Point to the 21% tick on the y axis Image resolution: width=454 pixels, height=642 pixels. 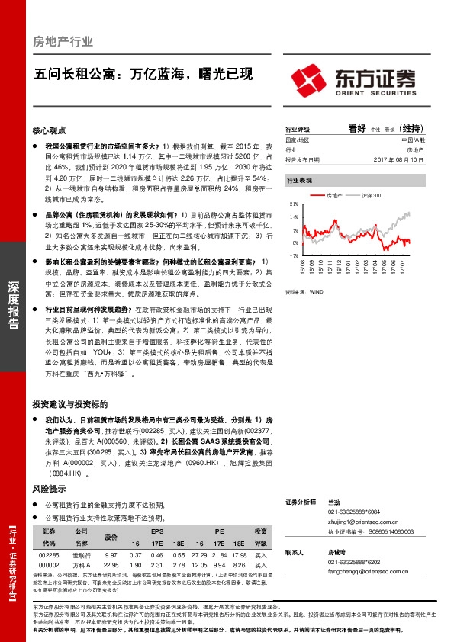293,205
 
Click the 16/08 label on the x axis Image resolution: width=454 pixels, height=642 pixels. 303,268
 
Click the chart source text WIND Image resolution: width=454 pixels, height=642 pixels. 314,291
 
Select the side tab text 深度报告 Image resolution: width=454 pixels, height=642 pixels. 13,306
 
